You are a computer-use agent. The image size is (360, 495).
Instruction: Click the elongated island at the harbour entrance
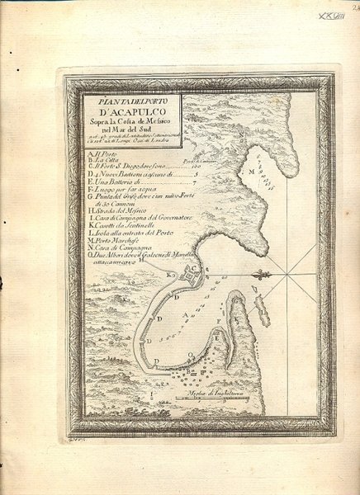pos(261,309)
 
